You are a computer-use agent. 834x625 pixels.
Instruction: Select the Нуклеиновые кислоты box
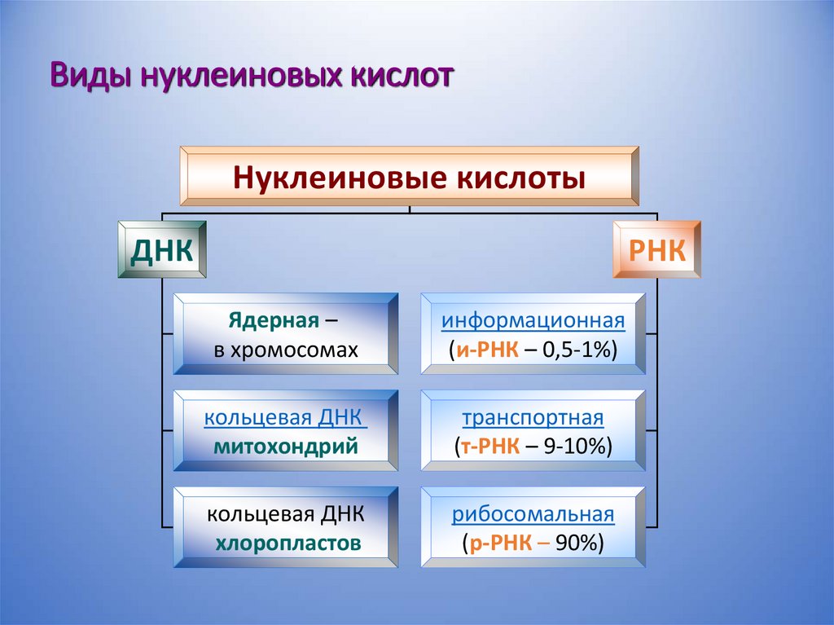409,176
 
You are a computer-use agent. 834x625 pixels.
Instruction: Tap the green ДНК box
162,249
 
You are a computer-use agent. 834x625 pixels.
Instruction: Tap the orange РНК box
656,249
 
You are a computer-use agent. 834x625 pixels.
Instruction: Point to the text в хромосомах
286,350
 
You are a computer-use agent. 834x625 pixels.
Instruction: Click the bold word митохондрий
286,446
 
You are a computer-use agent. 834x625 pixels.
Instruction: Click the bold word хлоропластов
288,543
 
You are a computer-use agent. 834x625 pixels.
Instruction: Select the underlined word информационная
533,320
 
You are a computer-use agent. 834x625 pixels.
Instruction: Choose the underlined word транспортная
533,418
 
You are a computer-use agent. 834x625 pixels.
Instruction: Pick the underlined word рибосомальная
533,515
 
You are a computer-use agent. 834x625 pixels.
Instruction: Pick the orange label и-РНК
488,350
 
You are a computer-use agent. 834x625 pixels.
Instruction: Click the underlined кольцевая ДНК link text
284,418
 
